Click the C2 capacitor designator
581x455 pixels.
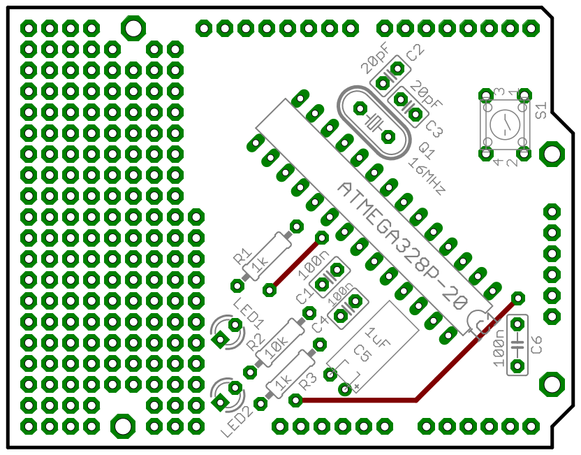click(415, 52)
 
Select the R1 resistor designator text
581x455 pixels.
click(242, 256)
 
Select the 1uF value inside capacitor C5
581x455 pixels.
click(378, 338)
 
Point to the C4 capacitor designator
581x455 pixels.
click(319, 322)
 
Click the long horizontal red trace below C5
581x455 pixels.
click(356, 400)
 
